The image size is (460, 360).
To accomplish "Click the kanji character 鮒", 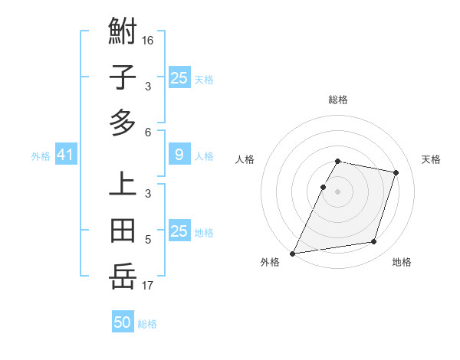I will click(x=123, y=33).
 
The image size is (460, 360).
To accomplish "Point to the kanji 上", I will click(x=123, y=185).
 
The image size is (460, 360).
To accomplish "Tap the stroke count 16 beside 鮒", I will click(x=148, y=40).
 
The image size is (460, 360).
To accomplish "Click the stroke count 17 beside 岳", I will click(x=148, y=286).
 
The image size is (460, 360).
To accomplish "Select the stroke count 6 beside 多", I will click(x=148, y=133).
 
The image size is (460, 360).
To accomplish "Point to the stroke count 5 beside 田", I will click(x=148, y=241).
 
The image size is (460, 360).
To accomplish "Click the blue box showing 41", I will click(x=65, y=155).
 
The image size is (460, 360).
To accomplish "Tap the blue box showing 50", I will click(x=123, y=322).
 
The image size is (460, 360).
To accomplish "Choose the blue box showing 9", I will click(x=179, y=155).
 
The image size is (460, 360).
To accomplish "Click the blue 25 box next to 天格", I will click(x=179, y=78).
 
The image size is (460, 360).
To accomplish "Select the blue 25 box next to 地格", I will click(x=179, y=232).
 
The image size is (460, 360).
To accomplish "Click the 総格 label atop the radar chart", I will click(x=338, y=100).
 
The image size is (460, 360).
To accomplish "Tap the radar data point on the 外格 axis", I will click(x=293, y=253).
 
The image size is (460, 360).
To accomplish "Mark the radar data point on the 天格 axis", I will click(x=396, y=172).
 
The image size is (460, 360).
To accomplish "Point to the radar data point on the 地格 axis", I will click(x=374, y=242).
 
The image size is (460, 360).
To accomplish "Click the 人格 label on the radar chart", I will click(x=245, y=159).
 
